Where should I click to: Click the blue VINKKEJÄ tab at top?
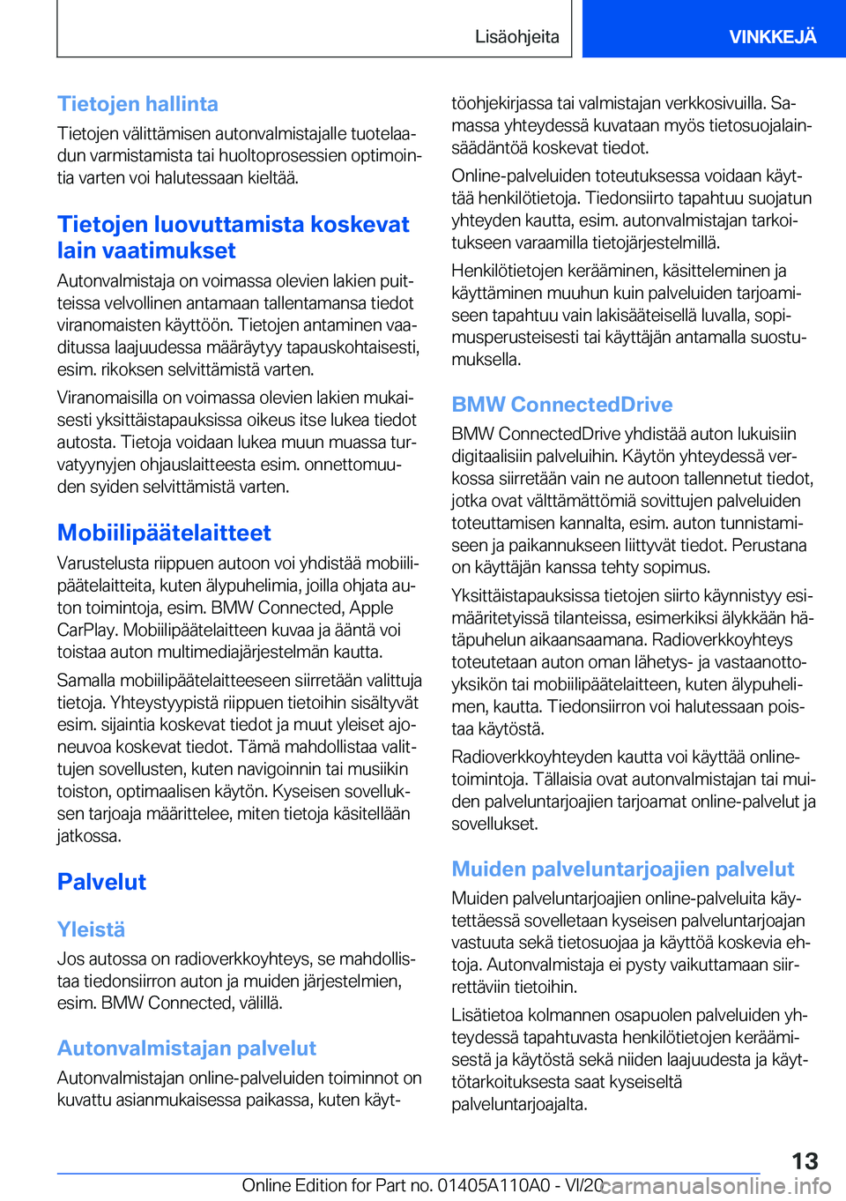[772, 36]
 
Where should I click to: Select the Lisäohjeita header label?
[516, 36]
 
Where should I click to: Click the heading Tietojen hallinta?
[137, 104]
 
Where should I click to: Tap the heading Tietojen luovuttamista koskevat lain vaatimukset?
[233, 237]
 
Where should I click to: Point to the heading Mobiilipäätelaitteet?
[164, 533]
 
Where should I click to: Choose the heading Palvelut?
[101, 882]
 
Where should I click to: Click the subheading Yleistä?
[91, 929]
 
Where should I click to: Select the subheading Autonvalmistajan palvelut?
[186, 1048]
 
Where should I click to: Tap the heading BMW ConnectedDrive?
[561, 405]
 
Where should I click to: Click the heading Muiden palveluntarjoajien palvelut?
[622, 869]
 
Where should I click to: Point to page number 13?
[805, 1160]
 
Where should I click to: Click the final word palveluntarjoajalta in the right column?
[518, 1104]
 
